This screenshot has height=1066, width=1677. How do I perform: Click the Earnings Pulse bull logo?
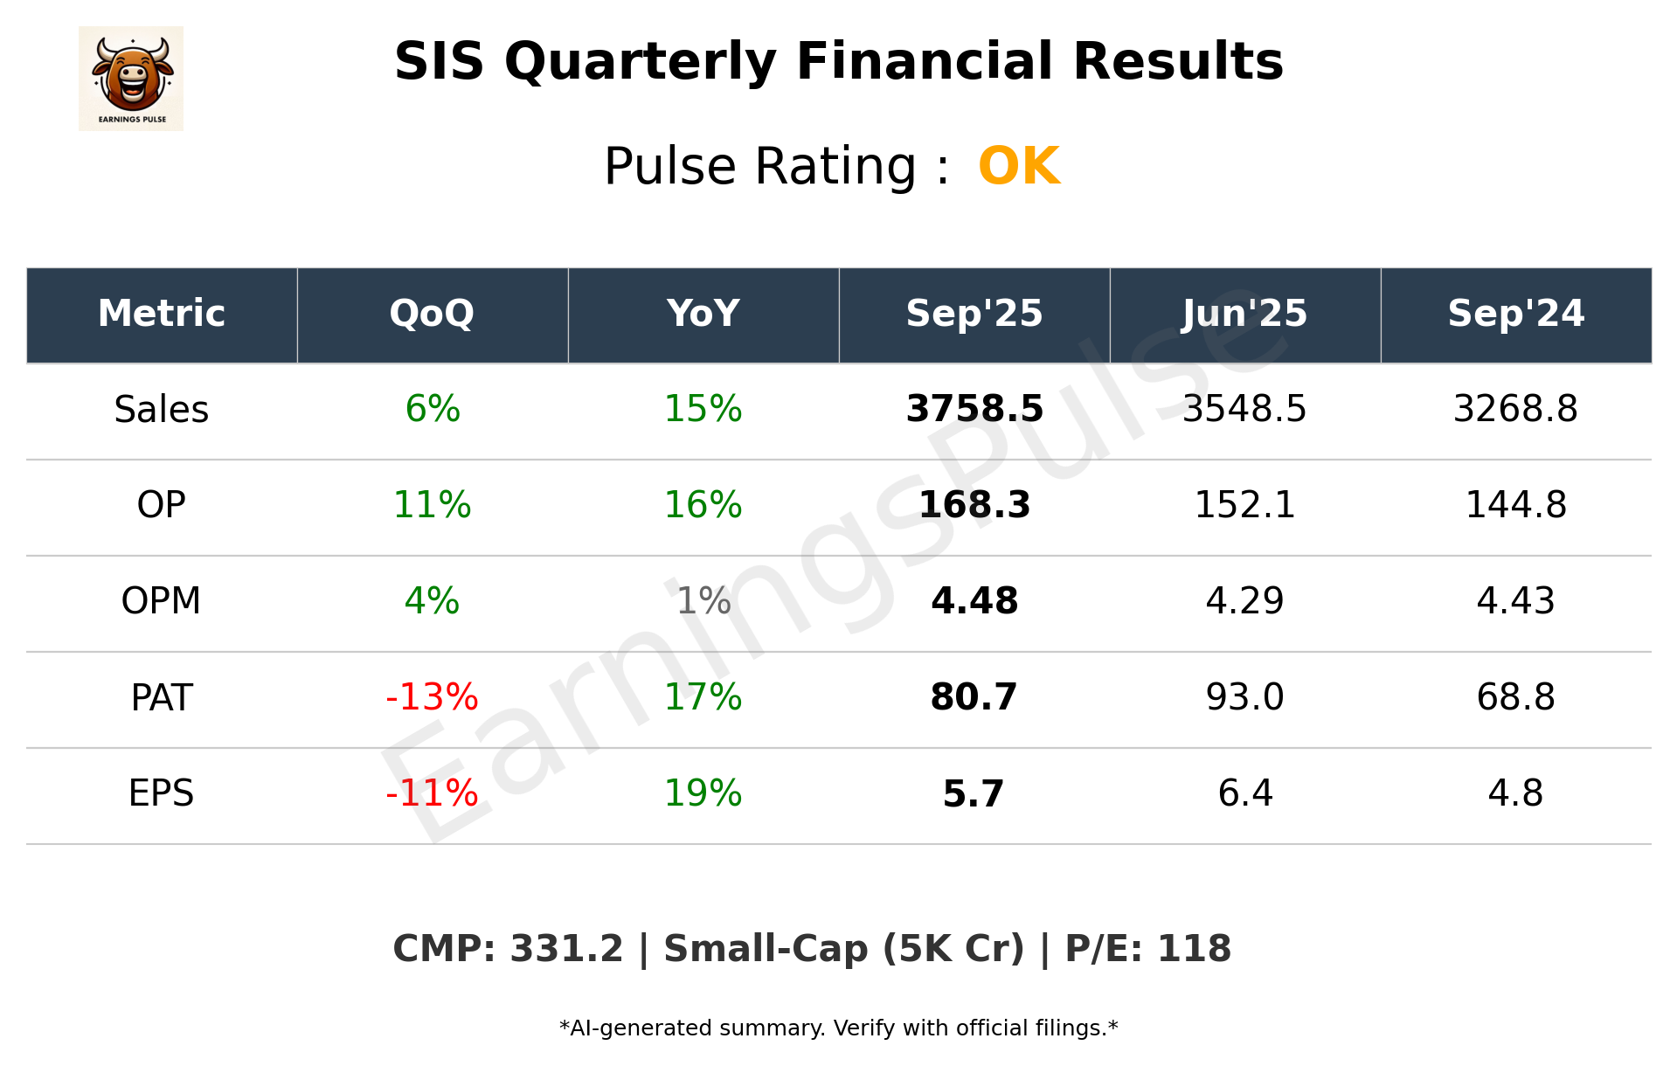coord(131,78)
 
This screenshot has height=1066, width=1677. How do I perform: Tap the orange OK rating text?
coord(1019,166)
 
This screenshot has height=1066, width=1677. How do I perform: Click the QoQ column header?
coord(433,314)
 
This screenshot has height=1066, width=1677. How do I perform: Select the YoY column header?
coord(703,314)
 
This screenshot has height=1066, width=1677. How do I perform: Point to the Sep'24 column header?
coord(1515,314)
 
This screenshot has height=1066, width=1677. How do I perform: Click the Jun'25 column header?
coord(1244,314)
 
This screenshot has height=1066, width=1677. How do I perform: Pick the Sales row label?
coord(162,409)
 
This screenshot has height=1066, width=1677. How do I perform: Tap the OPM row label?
coord(162,601)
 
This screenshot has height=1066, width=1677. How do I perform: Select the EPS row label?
coord(162,793)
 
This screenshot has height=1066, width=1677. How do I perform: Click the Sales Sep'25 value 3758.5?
coord(974,409)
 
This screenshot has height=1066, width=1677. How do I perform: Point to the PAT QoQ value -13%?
coord(433,697)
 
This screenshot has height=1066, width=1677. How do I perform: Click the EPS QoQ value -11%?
coord(433,793)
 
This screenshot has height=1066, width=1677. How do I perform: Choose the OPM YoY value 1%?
coord(703,601)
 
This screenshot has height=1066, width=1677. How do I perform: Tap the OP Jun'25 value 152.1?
coord(1244,505)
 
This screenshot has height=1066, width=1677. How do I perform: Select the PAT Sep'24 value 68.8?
coord(1515,697)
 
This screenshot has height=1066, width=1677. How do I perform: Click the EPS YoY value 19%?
coord(703,793)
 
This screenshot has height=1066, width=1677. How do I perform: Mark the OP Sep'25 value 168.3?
coord(974,505)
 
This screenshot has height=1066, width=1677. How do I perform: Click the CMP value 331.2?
coord(566,949)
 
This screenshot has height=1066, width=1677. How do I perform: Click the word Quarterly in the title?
coord(640,63)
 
